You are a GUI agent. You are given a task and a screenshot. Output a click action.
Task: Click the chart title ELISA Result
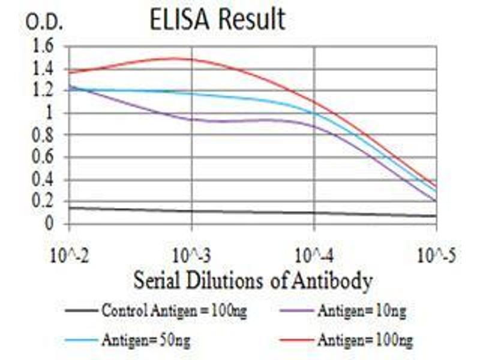tap(217, 19)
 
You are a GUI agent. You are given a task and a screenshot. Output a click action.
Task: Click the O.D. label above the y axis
tap(44, 23)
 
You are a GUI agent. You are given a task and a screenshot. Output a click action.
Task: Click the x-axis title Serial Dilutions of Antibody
tap(253, 280)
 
